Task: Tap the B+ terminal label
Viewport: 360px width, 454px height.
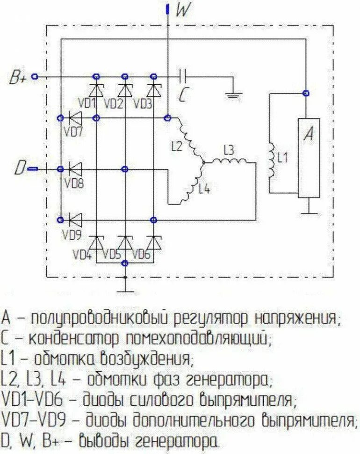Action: pyautogui.click(x=18, y=78)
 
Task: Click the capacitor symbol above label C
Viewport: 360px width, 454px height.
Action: pyautogui.click(x=183, y=75)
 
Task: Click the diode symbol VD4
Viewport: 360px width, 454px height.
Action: pyautogui.click(x=96, y=243)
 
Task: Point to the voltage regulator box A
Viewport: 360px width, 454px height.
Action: pyautogui.click(x=309, y=157)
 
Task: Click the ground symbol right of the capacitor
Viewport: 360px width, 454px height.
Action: pyautogui.click(x=234, y=95)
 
